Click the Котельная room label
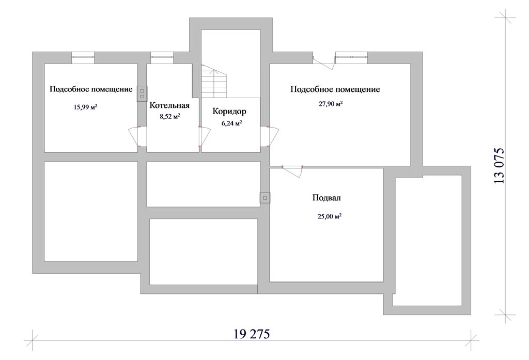[169, 105]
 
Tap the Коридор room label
[229, 112]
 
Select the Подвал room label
[326, 198]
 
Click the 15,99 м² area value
[85, 107]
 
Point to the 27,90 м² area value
[331, 104]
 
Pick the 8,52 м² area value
[169, 116]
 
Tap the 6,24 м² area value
[232, 123]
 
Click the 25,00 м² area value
[329, 216]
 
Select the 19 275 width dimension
[252, 334]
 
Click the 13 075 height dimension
[499, 165]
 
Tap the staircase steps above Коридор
[214, 81]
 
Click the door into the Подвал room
[292, 170]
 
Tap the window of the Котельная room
[162, 58]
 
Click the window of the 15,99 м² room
[83, 58]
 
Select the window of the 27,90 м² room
[351, 58]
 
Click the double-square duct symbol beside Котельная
[142, 93]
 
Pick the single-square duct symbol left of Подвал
[265, 198]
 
